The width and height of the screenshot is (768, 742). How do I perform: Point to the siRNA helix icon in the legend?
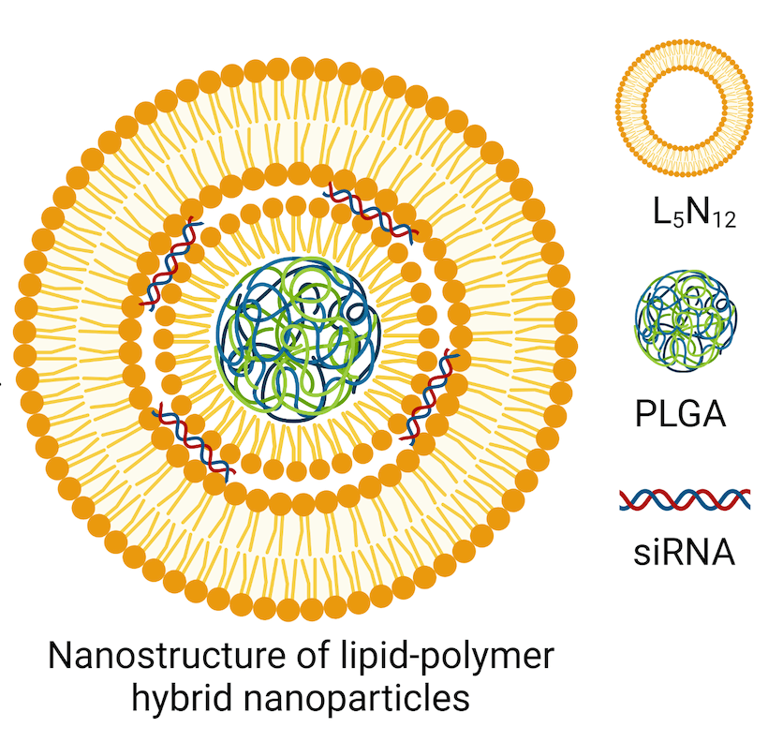click(685, 498)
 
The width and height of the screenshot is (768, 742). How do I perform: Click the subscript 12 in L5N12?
click(724, 220)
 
